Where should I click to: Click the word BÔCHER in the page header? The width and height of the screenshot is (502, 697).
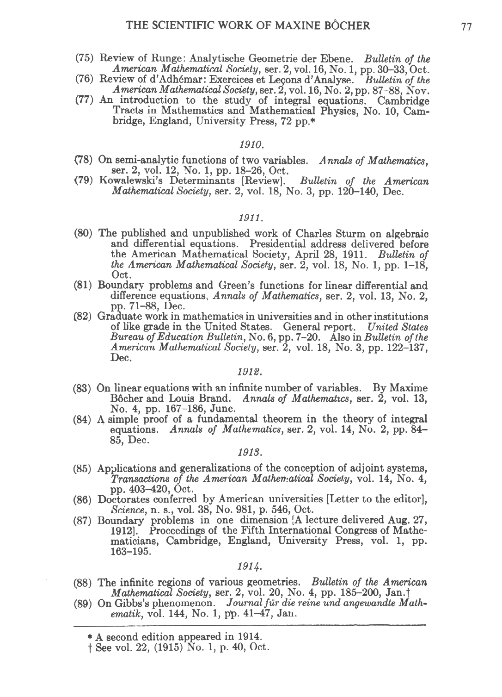[346, 25]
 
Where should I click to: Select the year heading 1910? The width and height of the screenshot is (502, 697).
[251, 146]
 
